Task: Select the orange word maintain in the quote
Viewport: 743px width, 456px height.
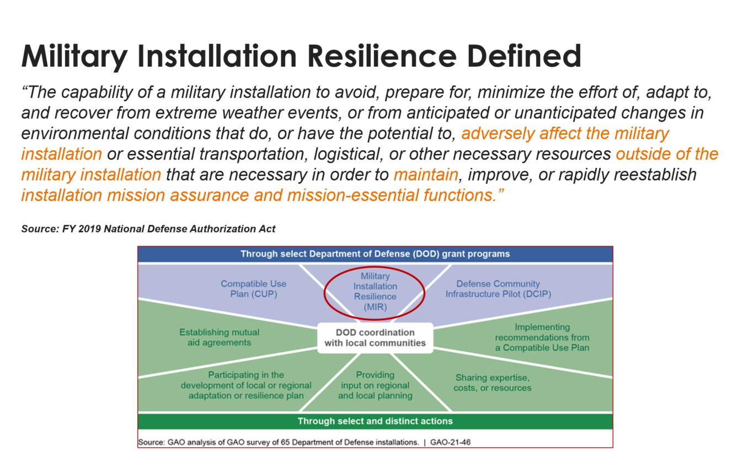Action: click(425, 175)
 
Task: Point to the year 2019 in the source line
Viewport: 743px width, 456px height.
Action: click(87, 229)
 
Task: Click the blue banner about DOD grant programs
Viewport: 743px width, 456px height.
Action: click(375, 254)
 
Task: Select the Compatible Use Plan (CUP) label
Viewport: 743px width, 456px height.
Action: click(253, 289)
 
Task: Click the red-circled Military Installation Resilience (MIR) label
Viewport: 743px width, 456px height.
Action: click(375, 291)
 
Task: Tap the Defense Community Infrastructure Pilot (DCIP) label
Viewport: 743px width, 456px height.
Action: click(498, 289)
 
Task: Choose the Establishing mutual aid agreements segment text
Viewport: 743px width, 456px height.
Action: click(219, 337)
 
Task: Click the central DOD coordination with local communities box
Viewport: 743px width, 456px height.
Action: click(375, 337)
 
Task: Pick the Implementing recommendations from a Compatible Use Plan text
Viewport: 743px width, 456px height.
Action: click(542, 337)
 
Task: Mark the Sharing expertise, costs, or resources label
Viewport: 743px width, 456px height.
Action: click(492, 383)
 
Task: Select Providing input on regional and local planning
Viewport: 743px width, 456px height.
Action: click(375, 385)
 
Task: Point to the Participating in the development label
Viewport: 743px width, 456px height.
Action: click(246, 385)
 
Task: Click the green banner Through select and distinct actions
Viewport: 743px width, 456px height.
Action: click(375, 421)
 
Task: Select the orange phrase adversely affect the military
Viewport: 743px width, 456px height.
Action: click(565, 134)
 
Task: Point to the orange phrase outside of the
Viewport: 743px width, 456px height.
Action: click(667, 154)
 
